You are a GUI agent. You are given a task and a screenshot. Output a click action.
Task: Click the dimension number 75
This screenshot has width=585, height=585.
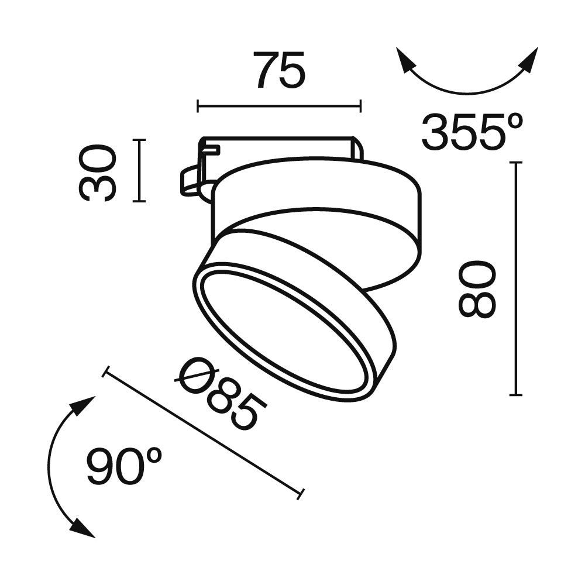pyautogui.click(x=280, y=70)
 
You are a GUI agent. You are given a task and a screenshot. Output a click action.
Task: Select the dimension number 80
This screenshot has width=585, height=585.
pyautogui.click(x=477, y=289)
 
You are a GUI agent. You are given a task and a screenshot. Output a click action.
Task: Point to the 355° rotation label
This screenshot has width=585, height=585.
pyautogui.click(x=472, y=132)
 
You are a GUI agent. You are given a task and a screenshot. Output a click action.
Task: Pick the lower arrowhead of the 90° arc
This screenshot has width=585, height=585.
pyautogui.click(x=84, y=529)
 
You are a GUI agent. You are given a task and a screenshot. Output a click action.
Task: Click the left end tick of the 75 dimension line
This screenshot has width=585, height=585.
pyautogui.click(x=198, y=106)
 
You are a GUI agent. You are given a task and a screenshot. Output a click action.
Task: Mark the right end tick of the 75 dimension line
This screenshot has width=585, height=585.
pyautogui.click(x=360, y=106)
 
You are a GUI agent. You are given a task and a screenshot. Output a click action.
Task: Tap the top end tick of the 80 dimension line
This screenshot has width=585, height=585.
pyautogui.click(x=515, y=163)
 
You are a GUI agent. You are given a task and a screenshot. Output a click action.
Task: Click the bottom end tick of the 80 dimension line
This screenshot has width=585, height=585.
pyautogui.click(x=515, y=395)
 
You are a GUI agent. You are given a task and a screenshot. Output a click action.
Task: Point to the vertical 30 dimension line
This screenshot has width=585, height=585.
pyautogui.click(x=139, y=170)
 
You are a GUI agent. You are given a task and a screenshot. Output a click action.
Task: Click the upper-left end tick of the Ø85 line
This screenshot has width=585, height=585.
pyautogui.click(x=106, y=372)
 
